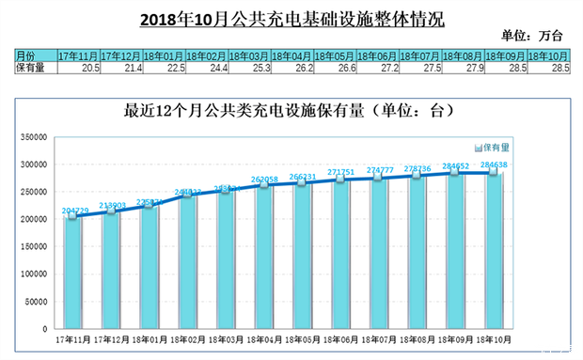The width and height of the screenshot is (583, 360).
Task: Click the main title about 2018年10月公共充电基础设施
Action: coord(291,18)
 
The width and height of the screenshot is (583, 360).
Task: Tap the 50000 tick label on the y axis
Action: coord(34,302)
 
